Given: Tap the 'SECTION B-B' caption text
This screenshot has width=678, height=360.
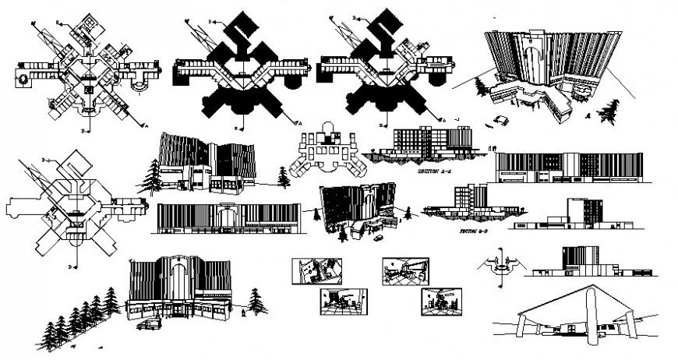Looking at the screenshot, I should coord(474,231).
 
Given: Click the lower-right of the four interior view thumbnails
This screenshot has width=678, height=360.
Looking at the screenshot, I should coord(440,300).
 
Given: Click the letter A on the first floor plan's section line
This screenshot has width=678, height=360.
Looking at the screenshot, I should coord(147,123).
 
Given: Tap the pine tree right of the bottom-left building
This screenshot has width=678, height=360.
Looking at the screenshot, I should coord(255,300).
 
